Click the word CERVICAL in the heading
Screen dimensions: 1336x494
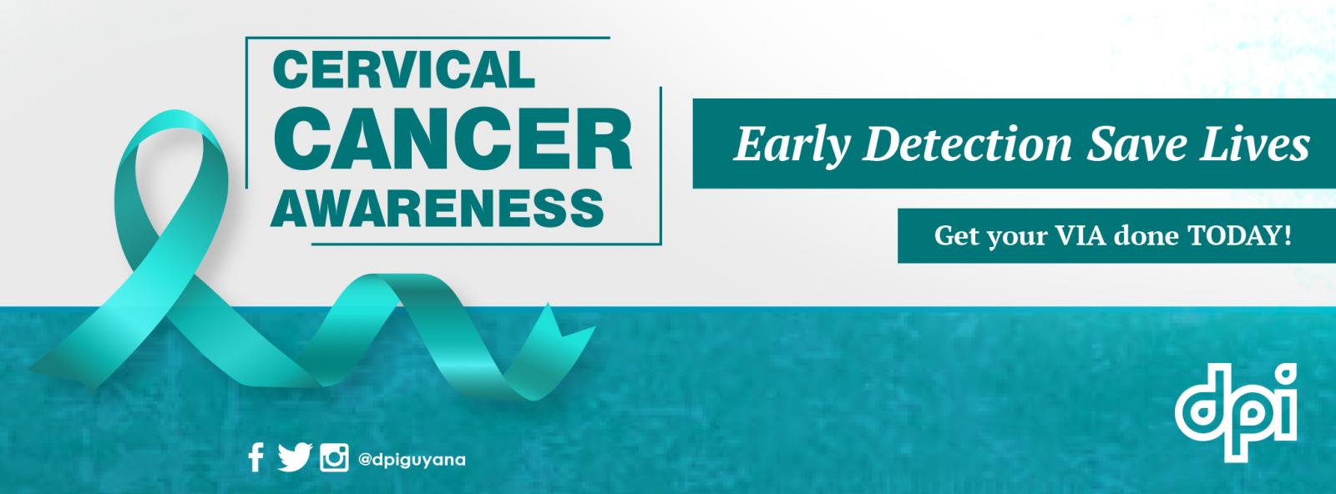pyautogui.click(x=404, y=70)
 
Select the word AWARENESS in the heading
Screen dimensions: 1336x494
pyautogui.click(x=438, y=207)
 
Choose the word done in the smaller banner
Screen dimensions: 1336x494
pyautogui.click(x=1146, y=236)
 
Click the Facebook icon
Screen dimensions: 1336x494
pyautogui.click(x=256, y=457)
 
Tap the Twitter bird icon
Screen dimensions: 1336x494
pyautogui.click(x=295, y=457)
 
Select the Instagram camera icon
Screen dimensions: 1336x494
pyautogui.click(x=334, y=458)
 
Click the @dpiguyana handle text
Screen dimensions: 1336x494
pyautogui.click(x=412, y=460)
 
